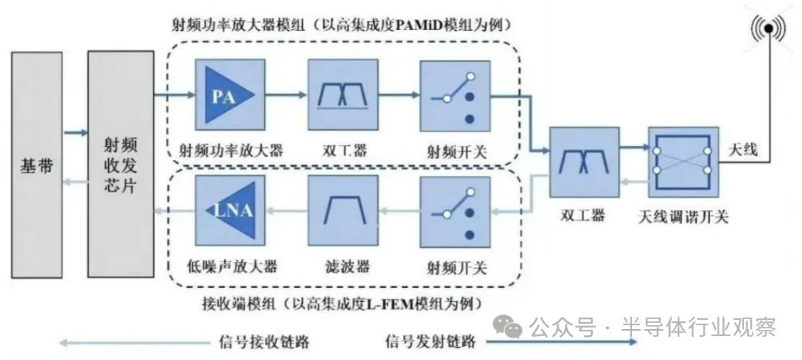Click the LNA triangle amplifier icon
click(x=229, y=209)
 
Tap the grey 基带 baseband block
click(x=36, y=164)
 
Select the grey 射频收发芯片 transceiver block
click(x=120, y=164)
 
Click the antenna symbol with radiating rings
click(x=767, y=29)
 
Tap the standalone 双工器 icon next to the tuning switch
click(x=584, y=160)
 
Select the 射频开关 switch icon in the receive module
click(x=456, y=209)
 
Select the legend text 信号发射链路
click(x=430, y=341)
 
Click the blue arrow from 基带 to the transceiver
click(x=75, y=134)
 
